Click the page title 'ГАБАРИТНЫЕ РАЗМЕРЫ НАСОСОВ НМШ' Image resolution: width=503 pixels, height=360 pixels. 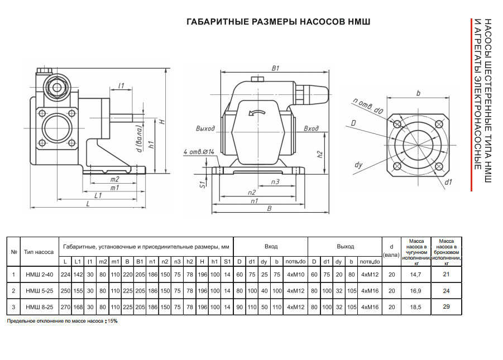(278, 22)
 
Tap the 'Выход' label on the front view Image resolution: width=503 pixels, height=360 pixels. (205, 128)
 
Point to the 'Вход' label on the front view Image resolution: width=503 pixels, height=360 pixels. (311, 128)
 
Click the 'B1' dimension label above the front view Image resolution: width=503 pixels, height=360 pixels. (275, 68)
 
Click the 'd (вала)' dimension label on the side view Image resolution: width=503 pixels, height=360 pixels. (138, 141)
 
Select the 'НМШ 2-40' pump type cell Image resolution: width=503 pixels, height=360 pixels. (40, 274)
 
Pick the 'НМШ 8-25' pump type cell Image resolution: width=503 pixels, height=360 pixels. (40, 306)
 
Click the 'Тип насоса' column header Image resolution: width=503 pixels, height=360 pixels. (40, 252)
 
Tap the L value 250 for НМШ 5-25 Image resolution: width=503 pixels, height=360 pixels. (66, 290)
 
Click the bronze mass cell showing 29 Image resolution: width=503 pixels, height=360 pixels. (446, 306)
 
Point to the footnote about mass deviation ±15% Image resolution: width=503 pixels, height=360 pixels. (62, 321)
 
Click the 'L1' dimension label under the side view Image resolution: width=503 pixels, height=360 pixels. (98, 196)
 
